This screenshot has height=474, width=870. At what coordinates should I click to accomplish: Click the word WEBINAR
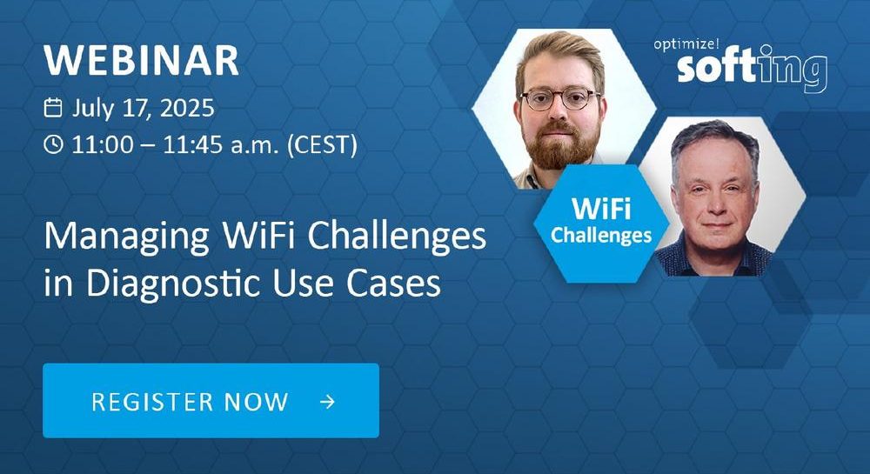141,60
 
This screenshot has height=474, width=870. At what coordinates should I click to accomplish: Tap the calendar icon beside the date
53,107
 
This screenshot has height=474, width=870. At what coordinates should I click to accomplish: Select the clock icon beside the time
53,144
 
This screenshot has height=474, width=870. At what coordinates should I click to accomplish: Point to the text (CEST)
323,145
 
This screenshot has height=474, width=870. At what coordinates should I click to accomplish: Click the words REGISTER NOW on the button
190,401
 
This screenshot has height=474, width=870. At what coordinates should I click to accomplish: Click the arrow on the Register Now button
327,401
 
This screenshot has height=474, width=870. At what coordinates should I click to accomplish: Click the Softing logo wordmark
752,68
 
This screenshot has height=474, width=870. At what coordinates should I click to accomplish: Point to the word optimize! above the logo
686,44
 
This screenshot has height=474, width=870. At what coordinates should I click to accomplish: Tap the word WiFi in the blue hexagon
601,209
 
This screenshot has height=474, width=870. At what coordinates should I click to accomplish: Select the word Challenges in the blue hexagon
601,235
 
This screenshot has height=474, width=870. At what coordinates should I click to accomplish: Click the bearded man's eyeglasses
559,99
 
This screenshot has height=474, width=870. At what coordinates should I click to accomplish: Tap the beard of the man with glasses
560,145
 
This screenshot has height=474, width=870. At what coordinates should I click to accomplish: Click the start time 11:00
103,145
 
